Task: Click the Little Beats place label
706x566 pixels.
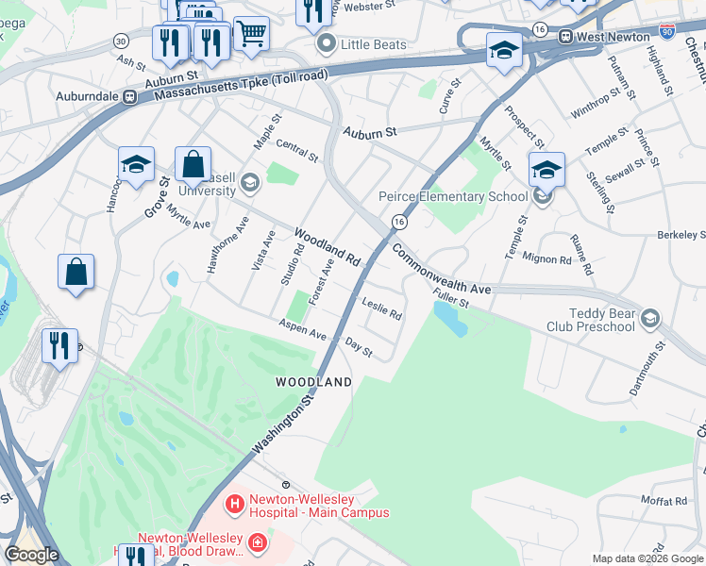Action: point(374,44)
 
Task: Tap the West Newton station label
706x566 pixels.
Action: point(616,37)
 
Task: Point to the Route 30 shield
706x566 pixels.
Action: point(121,42)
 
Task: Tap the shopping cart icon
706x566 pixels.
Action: point(251,34)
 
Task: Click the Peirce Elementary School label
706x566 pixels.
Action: point(453,196)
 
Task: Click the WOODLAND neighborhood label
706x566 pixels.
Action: point(313,382)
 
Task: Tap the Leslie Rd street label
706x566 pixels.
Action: point(382,308)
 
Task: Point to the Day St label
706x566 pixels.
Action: point(359,347)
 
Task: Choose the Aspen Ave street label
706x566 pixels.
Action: point(302,329)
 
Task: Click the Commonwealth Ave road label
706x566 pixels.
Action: point(441,270)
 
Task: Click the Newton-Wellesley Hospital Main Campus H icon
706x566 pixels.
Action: point(234,506)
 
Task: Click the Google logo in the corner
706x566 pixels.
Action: point(31,555)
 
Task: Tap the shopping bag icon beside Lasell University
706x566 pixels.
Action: point(193,164)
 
